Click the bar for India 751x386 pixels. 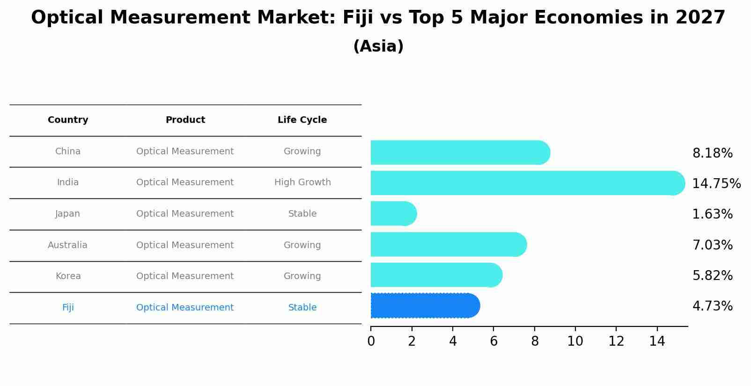click(x=524, y=183)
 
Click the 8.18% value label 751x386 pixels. click(x=712, y=153)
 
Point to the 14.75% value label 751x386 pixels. click(x=716, y=184)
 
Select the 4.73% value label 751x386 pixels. click(x=712, y=306)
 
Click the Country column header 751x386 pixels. click(x=68, y=120)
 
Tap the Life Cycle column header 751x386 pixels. click(x=302, y=120)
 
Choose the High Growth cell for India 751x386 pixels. click(x=302, y=182)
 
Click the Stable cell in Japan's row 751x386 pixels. click(x=302, y=214)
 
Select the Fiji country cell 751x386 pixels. click(x=68, y=308)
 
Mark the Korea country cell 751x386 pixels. click(x=68, y=276)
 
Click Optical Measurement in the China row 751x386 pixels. click(x=185, y=151)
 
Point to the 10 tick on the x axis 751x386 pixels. click(x=575, y=341)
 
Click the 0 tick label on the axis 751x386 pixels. click(x=371, y=341)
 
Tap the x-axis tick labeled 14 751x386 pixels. click(x=657, y=341)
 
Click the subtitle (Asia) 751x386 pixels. click(x=378, y=46)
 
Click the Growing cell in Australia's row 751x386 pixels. click(x=302, y=245)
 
